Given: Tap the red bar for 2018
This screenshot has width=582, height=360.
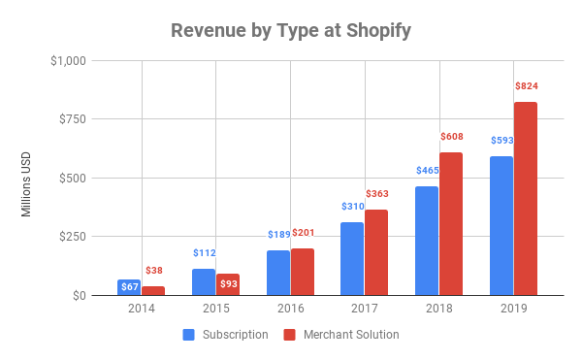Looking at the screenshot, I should click(x=451, y=224).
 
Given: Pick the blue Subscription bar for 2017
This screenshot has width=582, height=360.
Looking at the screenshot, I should click(x=352, y=259).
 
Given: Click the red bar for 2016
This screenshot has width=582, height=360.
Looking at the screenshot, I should click(x=302, y=272).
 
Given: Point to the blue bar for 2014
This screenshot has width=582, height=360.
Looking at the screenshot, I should click(x=128, y=287).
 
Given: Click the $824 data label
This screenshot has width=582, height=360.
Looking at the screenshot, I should click(x=527, y=86).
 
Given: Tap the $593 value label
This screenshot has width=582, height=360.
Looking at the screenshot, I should click(x=501, y=141).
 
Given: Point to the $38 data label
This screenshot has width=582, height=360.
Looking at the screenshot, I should click(x=153, y=271).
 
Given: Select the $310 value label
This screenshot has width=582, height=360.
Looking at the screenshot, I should click(x=352, y=207).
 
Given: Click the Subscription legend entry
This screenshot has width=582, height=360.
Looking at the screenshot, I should click(x=226, y=335).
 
